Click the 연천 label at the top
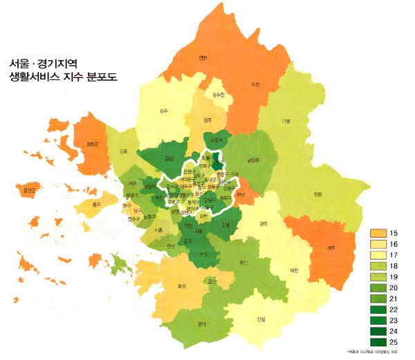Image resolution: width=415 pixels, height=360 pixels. pos(203,57)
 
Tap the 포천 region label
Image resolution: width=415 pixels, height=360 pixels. pos(255,84)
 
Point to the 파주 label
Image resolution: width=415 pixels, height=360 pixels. pos(164,111)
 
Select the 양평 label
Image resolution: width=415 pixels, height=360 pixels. pos(317,194)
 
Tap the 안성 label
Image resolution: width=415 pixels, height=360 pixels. pos(261,319)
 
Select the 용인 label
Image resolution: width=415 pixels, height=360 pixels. pos(242,262)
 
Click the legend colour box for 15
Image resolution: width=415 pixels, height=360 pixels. pos(378,232)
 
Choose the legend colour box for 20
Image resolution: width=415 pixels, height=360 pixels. pos(378,286)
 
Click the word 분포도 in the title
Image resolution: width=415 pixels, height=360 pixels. pos(96,77)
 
